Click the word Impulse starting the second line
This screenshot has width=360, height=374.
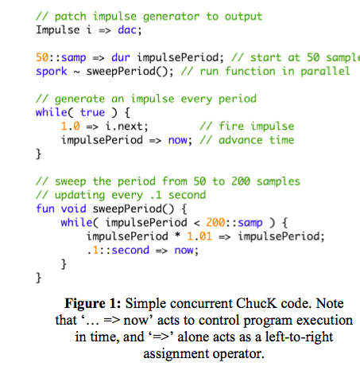pos(58,30)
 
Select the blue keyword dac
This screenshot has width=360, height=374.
pos(127,30)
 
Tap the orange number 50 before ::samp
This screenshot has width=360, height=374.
pos(42,57)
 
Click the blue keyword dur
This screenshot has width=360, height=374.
pos(121,57)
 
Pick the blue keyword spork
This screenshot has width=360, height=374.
pos(52,72)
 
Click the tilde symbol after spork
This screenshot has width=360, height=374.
pos(77,72)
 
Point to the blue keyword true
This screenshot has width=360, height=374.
pos(92,112)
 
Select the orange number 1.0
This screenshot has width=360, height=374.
pos(71,127)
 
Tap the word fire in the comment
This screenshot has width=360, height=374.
pos(231,127)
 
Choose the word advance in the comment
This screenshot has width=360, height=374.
pos(241,140)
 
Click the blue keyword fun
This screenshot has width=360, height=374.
pos(45,208)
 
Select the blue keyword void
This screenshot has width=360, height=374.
pos(73,208)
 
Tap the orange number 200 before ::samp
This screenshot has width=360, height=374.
pos(215,223)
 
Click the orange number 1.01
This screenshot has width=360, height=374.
pos(199,236)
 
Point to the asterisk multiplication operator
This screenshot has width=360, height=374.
pos(177,236)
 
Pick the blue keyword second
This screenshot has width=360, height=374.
pos(130,250)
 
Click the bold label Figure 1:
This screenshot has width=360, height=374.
pos(93,304)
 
